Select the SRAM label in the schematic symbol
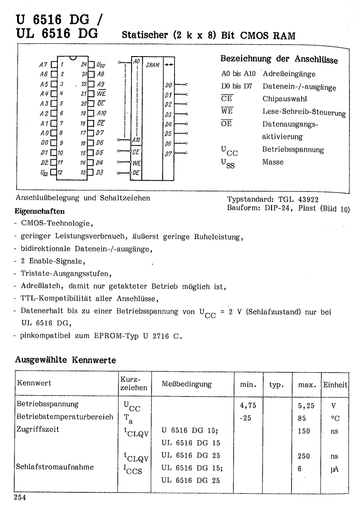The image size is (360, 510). coord(152,64)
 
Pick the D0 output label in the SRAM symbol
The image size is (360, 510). coord(168,86)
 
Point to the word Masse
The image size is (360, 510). coord(273,162)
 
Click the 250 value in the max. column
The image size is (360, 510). coord(303,456)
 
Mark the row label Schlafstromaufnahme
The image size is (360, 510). coord(55,467)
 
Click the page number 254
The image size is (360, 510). coord(22,498)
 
